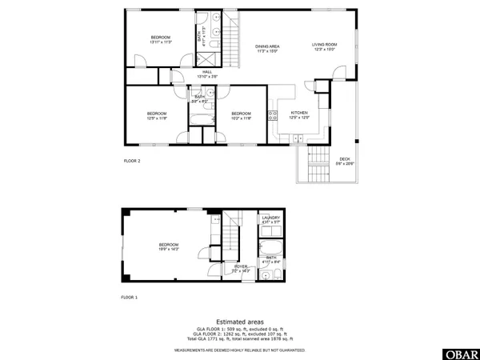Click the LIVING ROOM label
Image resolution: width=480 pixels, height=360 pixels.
click(324, 46)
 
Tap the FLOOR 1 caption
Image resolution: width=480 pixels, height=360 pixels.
click(130, 297)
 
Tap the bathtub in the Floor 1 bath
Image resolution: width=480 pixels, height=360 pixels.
click(270, 245)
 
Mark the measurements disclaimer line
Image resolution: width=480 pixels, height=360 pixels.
click(240, 349)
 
